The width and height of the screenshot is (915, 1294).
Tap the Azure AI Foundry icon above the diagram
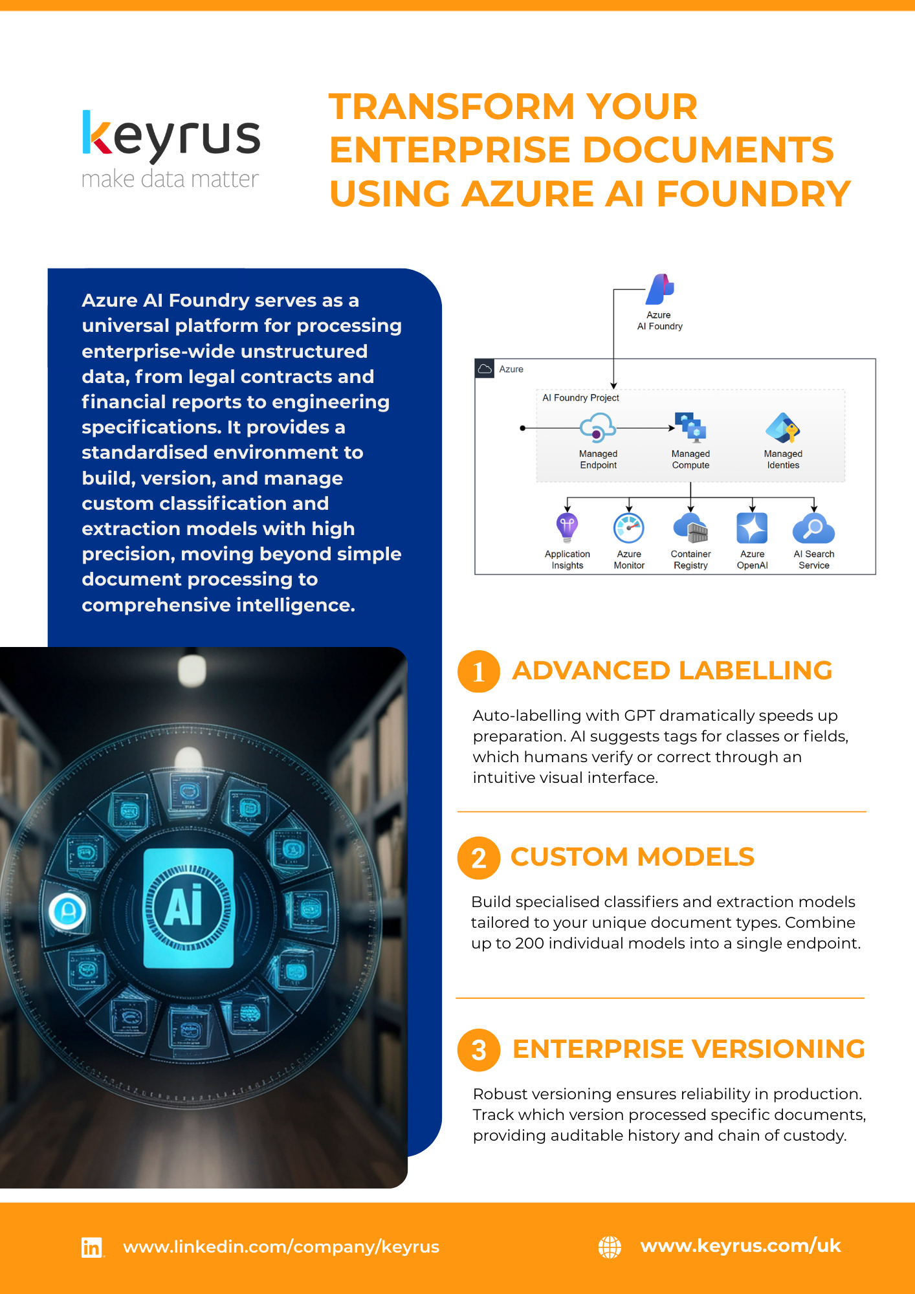660,289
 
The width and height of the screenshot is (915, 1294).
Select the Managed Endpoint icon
597,428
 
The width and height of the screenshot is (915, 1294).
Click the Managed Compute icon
690,428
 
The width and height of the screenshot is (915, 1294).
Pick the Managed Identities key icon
783,428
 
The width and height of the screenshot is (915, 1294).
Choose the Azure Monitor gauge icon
629,528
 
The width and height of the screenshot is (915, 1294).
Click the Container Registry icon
690,528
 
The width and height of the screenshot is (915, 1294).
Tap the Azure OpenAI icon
752,528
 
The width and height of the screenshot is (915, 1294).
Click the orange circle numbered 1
479,672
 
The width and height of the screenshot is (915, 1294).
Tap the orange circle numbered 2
479,858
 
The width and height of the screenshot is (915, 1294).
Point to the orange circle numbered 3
479,1050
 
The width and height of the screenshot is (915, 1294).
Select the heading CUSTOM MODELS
632,857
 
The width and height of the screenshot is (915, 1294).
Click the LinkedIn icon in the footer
92,1247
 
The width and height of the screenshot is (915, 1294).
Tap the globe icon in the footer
610,1247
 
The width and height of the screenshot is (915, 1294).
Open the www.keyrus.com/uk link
740,1245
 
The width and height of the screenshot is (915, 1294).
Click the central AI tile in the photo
188,908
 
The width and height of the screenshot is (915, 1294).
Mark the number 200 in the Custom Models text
529,943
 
